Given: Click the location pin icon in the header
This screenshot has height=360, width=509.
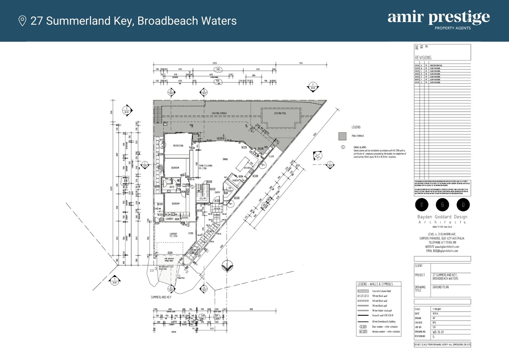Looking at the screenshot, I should (22, 21).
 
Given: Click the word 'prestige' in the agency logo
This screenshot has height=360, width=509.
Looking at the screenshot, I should (459, 17).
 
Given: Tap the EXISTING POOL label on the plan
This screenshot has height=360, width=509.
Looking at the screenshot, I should (280, 113).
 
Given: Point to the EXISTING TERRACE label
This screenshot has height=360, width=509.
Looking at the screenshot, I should (219, 113).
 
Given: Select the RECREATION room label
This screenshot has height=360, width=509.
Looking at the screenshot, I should (178, 146).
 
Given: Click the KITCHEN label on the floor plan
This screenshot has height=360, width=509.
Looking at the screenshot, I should (247, 168).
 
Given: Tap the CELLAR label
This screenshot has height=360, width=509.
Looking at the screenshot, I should (203, 199).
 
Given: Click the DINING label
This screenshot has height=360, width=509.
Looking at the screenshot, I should (225, 159).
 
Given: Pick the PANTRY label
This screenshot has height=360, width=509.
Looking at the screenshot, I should (236, 180).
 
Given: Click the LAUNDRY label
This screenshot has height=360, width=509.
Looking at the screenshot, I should (169, 219).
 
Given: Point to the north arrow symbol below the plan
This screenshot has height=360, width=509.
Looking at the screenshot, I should (227, 266).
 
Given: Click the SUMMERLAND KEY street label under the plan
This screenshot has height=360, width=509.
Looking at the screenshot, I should (161, 297).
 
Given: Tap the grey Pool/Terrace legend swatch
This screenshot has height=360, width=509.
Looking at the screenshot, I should (342, 136).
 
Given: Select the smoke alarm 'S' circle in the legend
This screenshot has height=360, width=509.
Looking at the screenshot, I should (343, 147).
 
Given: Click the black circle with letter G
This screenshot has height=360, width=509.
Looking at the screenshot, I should (442, 205).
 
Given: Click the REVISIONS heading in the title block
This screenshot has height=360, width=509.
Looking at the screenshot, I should (423, 58).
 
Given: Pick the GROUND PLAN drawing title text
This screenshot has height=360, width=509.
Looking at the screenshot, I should (440, 287).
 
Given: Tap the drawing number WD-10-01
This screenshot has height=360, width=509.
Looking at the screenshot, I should (438, 332).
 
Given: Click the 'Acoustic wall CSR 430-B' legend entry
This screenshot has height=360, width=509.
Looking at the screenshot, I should (382, 315).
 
